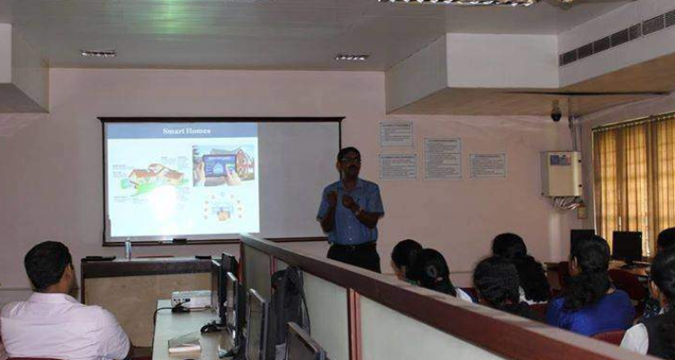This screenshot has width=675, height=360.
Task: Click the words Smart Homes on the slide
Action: (186, 131)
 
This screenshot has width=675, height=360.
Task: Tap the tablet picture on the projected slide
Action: (220, 166)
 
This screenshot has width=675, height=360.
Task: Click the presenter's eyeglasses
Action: (350, 161)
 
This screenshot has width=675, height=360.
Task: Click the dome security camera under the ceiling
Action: (556, 114)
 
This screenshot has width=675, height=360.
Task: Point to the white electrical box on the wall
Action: (562, 173)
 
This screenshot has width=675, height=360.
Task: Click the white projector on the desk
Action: (191, 299)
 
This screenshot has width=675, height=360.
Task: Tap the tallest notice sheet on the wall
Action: (442, 157)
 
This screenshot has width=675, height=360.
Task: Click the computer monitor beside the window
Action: (626, 246)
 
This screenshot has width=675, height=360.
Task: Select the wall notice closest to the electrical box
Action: (488, 165)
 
